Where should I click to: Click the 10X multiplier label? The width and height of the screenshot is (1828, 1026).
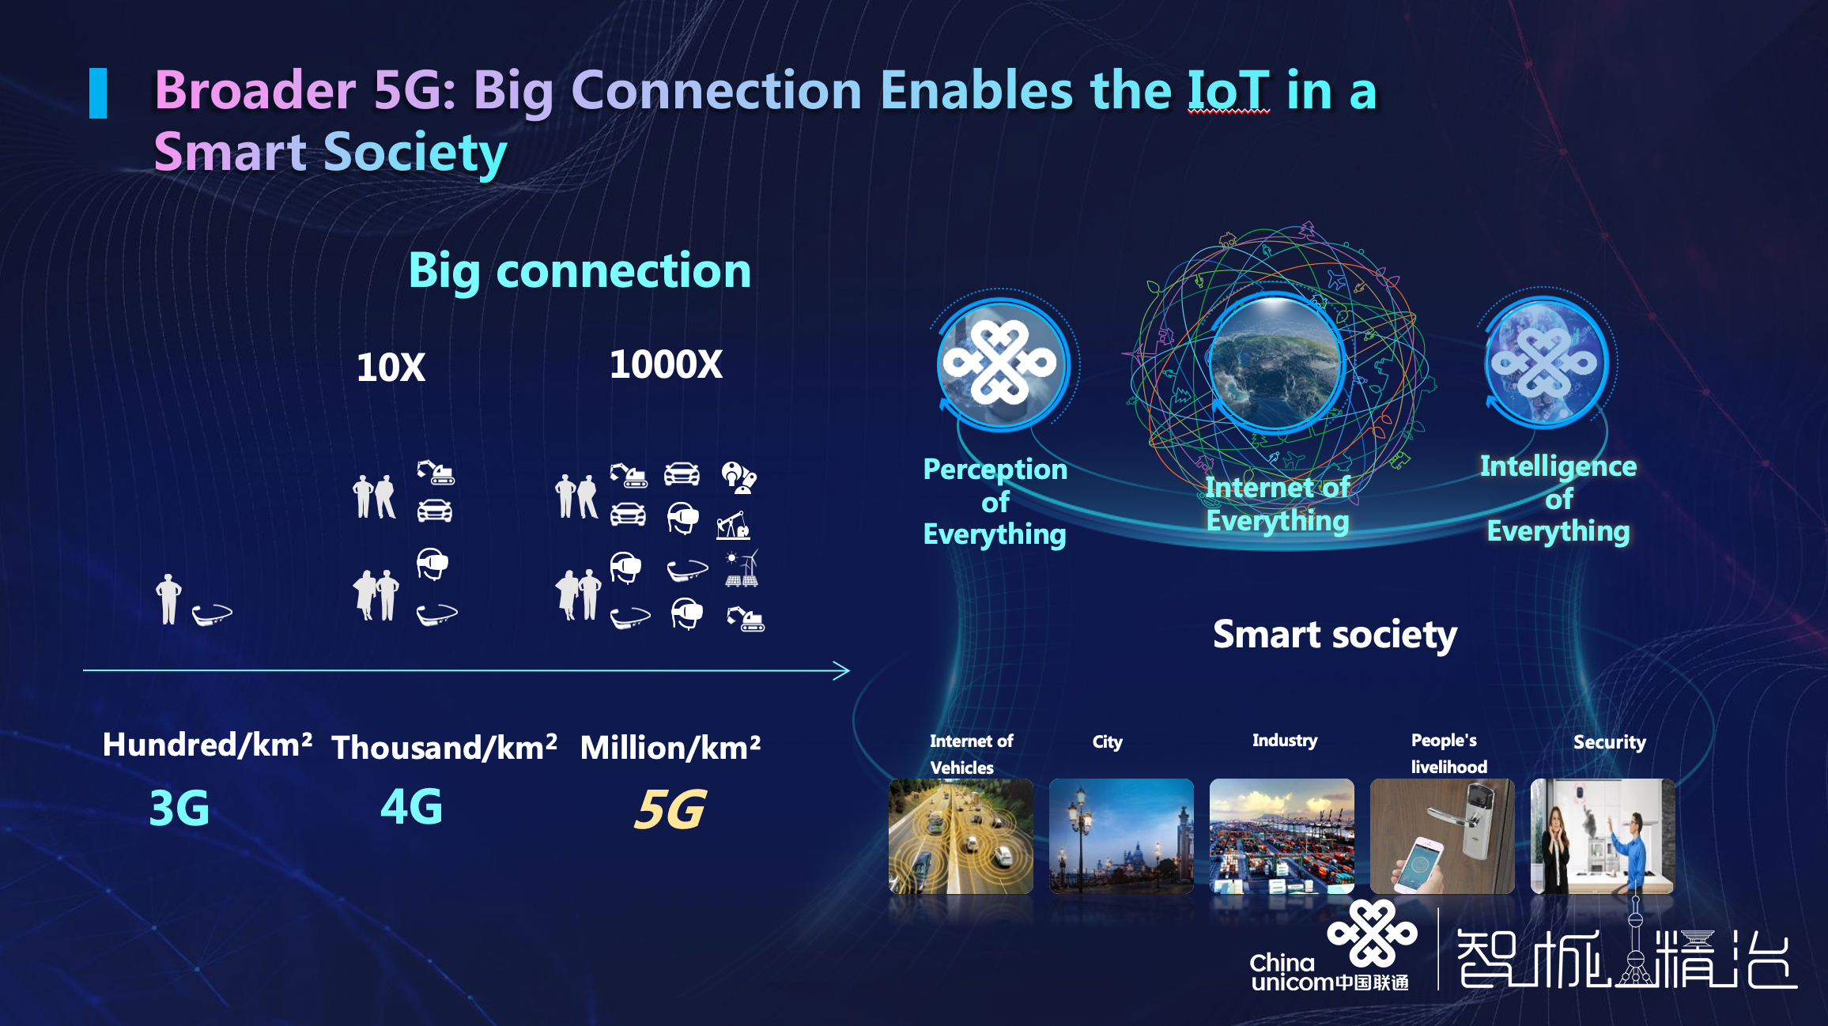click(x=391, y=368)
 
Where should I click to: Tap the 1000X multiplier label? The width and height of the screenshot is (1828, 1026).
click(x=666, y=364)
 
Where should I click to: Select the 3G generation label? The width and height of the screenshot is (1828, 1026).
click(x=179, y=808)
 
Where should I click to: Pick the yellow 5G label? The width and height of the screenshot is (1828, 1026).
click(x=670, y=809)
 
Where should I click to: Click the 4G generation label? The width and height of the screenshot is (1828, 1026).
click(x=411, y=806)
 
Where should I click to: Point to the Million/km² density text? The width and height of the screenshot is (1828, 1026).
click(x=670, y=747)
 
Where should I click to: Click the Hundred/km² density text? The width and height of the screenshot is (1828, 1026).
click(x=207, y=745)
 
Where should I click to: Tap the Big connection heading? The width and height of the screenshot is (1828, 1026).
click(x=580, y=271)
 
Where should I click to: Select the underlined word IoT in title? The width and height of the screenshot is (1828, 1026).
click(x=1229, y=90)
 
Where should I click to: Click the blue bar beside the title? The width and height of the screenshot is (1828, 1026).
click(x=98, y=93)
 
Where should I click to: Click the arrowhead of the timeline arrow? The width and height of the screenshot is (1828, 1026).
click(x=843, y=671)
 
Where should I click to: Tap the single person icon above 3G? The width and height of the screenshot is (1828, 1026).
click(x=168, y=599)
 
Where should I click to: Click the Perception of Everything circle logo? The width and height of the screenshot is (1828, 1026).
click(x=1002, y=364)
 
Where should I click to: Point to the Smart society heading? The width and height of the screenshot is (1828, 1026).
click(x=1335, y=635)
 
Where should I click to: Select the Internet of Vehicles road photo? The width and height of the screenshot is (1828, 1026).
click(x=961, y=836)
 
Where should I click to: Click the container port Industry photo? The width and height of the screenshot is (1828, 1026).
click(x=1282, y=836)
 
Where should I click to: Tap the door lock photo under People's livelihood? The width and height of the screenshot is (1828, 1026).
click(x=1442, y=836)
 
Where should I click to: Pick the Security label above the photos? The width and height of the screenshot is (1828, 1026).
click(x=1610, y=742)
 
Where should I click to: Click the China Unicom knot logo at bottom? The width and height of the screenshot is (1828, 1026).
click(x=1373, y=934)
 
